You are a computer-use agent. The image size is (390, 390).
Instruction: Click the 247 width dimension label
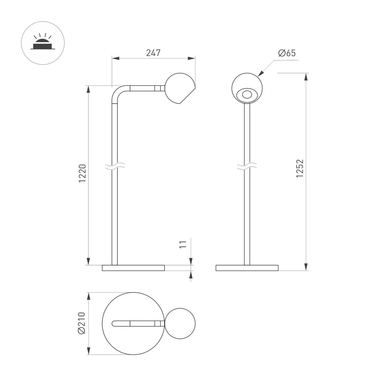coord(153,53)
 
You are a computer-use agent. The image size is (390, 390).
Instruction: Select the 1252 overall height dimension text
coord(300,168)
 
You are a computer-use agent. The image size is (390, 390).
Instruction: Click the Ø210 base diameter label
coord(82,323)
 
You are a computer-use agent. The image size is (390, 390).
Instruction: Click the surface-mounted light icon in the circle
coord(43,43)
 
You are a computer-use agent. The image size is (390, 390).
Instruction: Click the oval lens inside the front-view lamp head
coord(247,94)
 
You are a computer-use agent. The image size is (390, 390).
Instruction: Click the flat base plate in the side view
coord(133,268)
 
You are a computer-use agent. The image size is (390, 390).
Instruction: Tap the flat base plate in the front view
coord(247,268)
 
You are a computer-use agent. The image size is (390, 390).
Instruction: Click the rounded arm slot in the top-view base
coord(133,323)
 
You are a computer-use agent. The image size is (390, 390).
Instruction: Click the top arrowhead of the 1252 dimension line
coord(306,77)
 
